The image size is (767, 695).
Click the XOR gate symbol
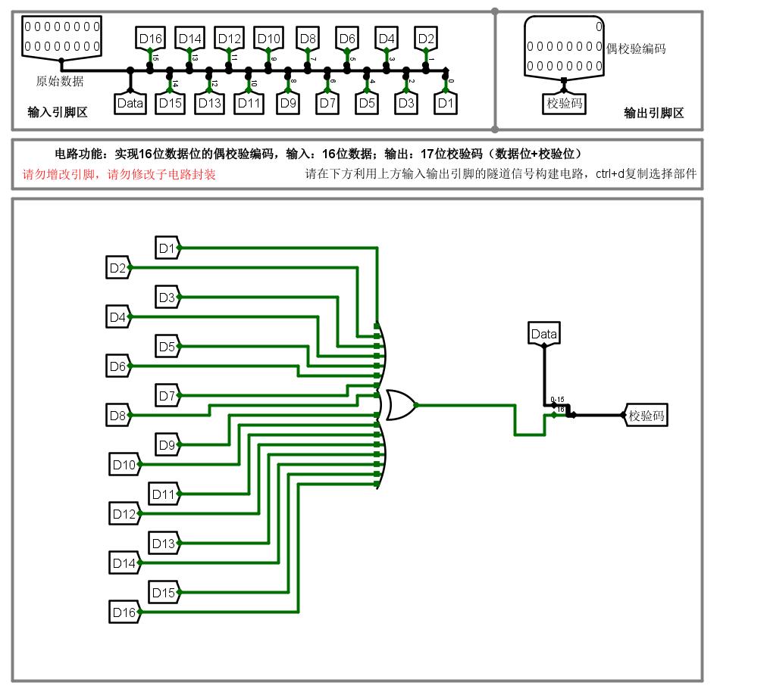[400, 405]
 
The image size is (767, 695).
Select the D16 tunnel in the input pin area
[150, 39]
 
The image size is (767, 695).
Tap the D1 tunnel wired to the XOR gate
[167, 248]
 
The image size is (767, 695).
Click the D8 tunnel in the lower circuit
[118, 415]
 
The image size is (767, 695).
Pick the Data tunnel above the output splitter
[543, 334]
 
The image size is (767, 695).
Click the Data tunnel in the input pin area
[130, 104]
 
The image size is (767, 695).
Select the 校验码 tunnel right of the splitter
[646, 415]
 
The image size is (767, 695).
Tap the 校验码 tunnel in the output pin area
[565, 104]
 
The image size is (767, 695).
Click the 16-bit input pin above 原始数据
[61, 36]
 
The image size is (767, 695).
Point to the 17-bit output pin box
[565, 47]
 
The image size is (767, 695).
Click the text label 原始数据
[60, 82]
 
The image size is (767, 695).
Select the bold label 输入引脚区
[58, 113]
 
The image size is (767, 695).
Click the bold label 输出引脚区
[653, 114]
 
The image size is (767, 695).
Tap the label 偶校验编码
[636, 48]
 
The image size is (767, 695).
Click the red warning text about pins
[119, 174]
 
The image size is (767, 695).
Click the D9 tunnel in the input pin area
[288, 104]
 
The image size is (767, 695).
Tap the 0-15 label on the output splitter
[557, 399]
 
